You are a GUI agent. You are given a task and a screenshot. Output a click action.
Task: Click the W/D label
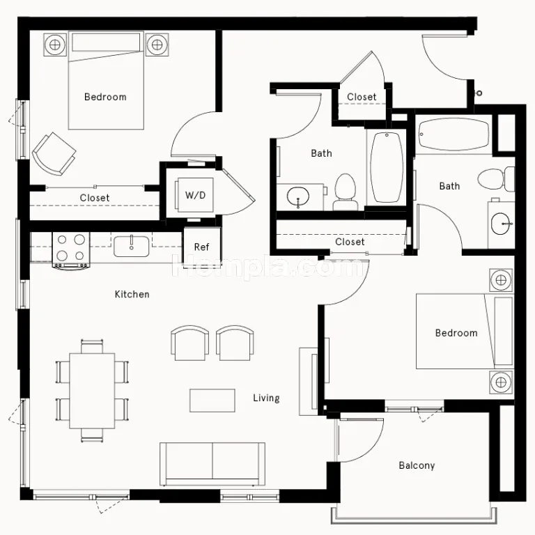[196, 195]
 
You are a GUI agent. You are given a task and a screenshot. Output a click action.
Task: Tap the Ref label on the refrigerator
[201, 247]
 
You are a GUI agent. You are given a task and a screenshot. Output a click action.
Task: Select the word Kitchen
[132, 294]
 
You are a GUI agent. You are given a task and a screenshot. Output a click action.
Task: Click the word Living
[267, 398]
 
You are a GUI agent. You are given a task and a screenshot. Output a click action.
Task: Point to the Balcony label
[417, 465]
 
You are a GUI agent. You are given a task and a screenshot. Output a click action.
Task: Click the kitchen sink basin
[132, 247]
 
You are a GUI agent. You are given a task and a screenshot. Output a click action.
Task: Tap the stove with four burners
[71, 249]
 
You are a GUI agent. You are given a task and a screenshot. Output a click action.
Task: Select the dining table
[92, 391]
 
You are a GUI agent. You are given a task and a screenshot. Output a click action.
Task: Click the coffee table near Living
[212, 401]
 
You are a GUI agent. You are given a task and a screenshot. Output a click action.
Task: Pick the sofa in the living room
[212, 464]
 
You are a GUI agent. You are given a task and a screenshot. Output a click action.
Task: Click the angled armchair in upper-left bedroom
[54, 153]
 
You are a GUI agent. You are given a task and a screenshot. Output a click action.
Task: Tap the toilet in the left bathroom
[346, 192]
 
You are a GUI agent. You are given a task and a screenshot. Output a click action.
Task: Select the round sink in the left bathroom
[298, 197]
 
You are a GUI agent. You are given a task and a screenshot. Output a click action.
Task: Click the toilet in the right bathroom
[496, 179]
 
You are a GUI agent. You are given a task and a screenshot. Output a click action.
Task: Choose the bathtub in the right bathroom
[453, 134]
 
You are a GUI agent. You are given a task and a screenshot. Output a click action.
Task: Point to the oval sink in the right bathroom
[502, 224]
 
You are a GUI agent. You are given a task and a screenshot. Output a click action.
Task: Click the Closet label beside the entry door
[362, 97]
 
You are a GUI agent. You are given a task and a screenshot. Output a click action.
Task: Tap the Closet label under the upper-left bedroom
[95, 198]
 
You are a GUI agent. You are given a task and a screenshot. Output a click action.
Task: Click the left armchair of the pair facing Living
[189, 343]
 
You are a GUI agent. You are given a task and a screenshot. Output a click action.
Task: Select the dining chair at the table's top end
[92, 346]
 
